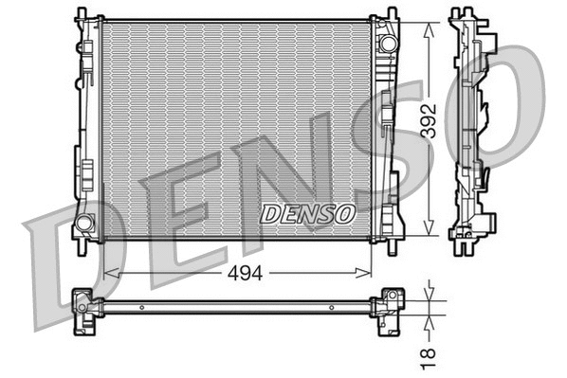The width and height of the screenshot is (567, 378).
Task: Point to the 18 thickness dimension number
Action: (430, 356)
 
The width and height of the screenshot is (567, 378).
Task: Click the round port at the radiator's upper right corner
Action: (386, 44)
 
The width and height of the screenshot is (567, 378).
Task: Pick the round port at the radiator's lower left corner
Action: (83, 224)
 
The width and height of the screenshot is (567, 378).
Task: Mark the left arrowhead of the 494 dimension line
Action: (107, 273)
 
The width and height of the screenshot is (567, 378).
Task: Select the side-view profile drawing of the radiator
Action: (471, 128)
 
